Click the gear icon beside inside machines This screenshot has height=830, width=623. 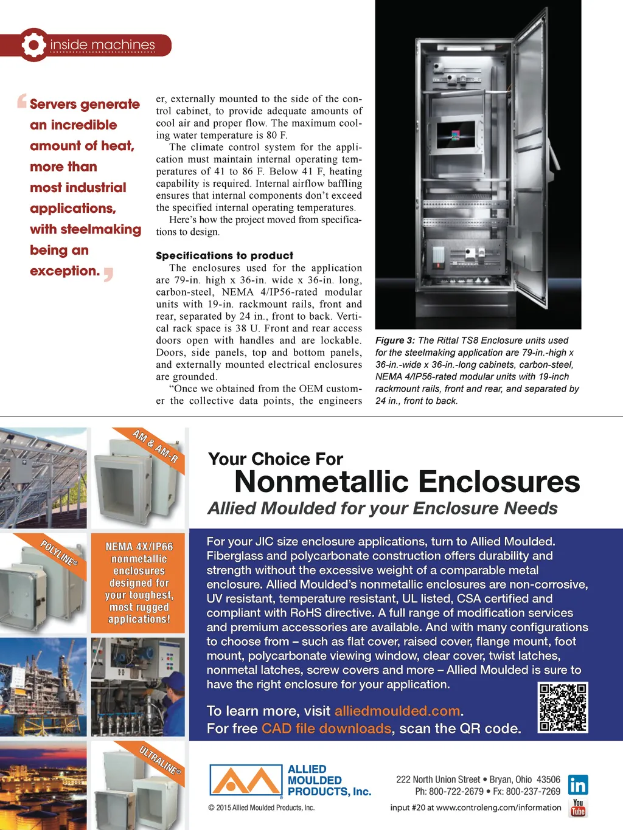coord(33,44)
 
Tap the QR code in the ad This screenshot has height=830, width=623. coord(563,707)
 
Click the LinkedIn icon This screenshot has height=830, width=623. coord(577,785)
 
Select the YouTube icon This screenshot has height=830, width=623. coord(577,808)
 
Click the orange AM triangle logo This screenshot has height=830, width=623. coord(246,781)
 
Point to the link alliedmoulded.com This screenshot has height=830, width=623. coord(397,711)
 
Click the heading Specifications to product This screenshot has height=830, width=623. coord(224,255)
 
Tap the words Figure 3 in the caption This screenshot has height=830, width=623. coord(395,341)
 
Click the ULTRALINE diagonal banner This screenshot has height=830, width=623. coord(159,761)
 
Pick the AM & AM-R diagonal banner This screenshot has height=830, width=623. coord(155,446)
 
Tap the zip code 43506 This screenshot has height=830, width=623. coord(548,780)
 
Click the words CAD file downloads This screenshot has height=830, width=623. coord(326,728)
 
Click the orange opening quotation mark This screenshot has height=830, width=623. coord(22,100)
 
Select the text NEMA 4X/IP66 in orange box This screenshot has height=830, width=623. coord(139,547)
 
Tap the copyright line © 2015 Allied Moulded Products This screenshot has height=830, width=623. coord(261,808)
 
